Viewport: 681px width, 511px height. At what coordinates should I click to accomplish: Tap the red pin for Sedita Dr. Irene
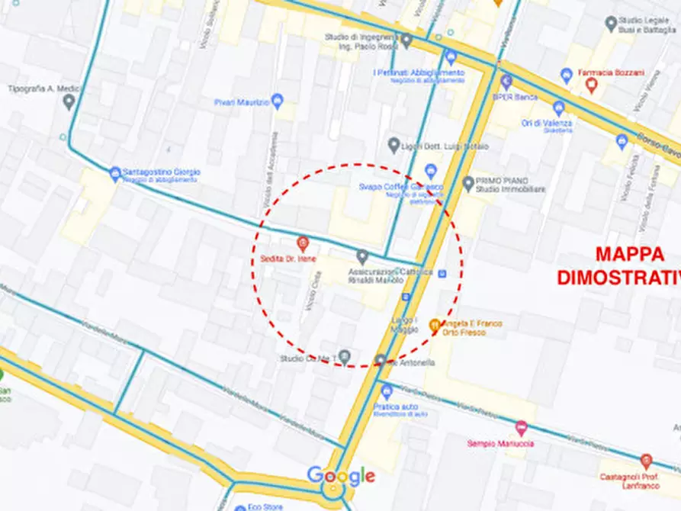303,244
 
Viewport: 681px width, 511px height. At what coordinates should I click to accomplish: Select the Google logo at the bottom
341,476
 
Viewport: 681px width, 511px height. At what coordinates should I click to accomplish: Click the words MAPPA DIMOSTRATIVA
618,265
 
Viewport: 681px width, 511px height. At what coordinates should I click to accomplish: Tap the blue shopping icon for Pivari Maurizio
278,101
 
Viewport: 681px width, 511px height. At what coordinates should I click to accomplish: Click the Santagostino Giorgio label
165,173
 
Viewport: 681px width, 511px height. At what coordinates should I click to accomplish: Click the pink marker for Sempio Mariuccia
522,428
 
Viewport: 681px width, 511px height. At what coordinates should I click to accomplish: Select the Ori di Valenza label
547,124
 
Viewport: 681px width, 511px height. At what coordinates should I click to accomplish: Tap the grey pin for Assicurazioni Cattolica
363,256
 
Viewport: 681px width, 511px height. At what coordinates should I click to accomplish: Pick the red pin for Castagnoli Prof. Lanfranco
647,460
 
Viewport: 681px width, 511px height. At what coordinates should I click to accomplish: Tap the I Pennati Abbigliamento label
418,73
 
